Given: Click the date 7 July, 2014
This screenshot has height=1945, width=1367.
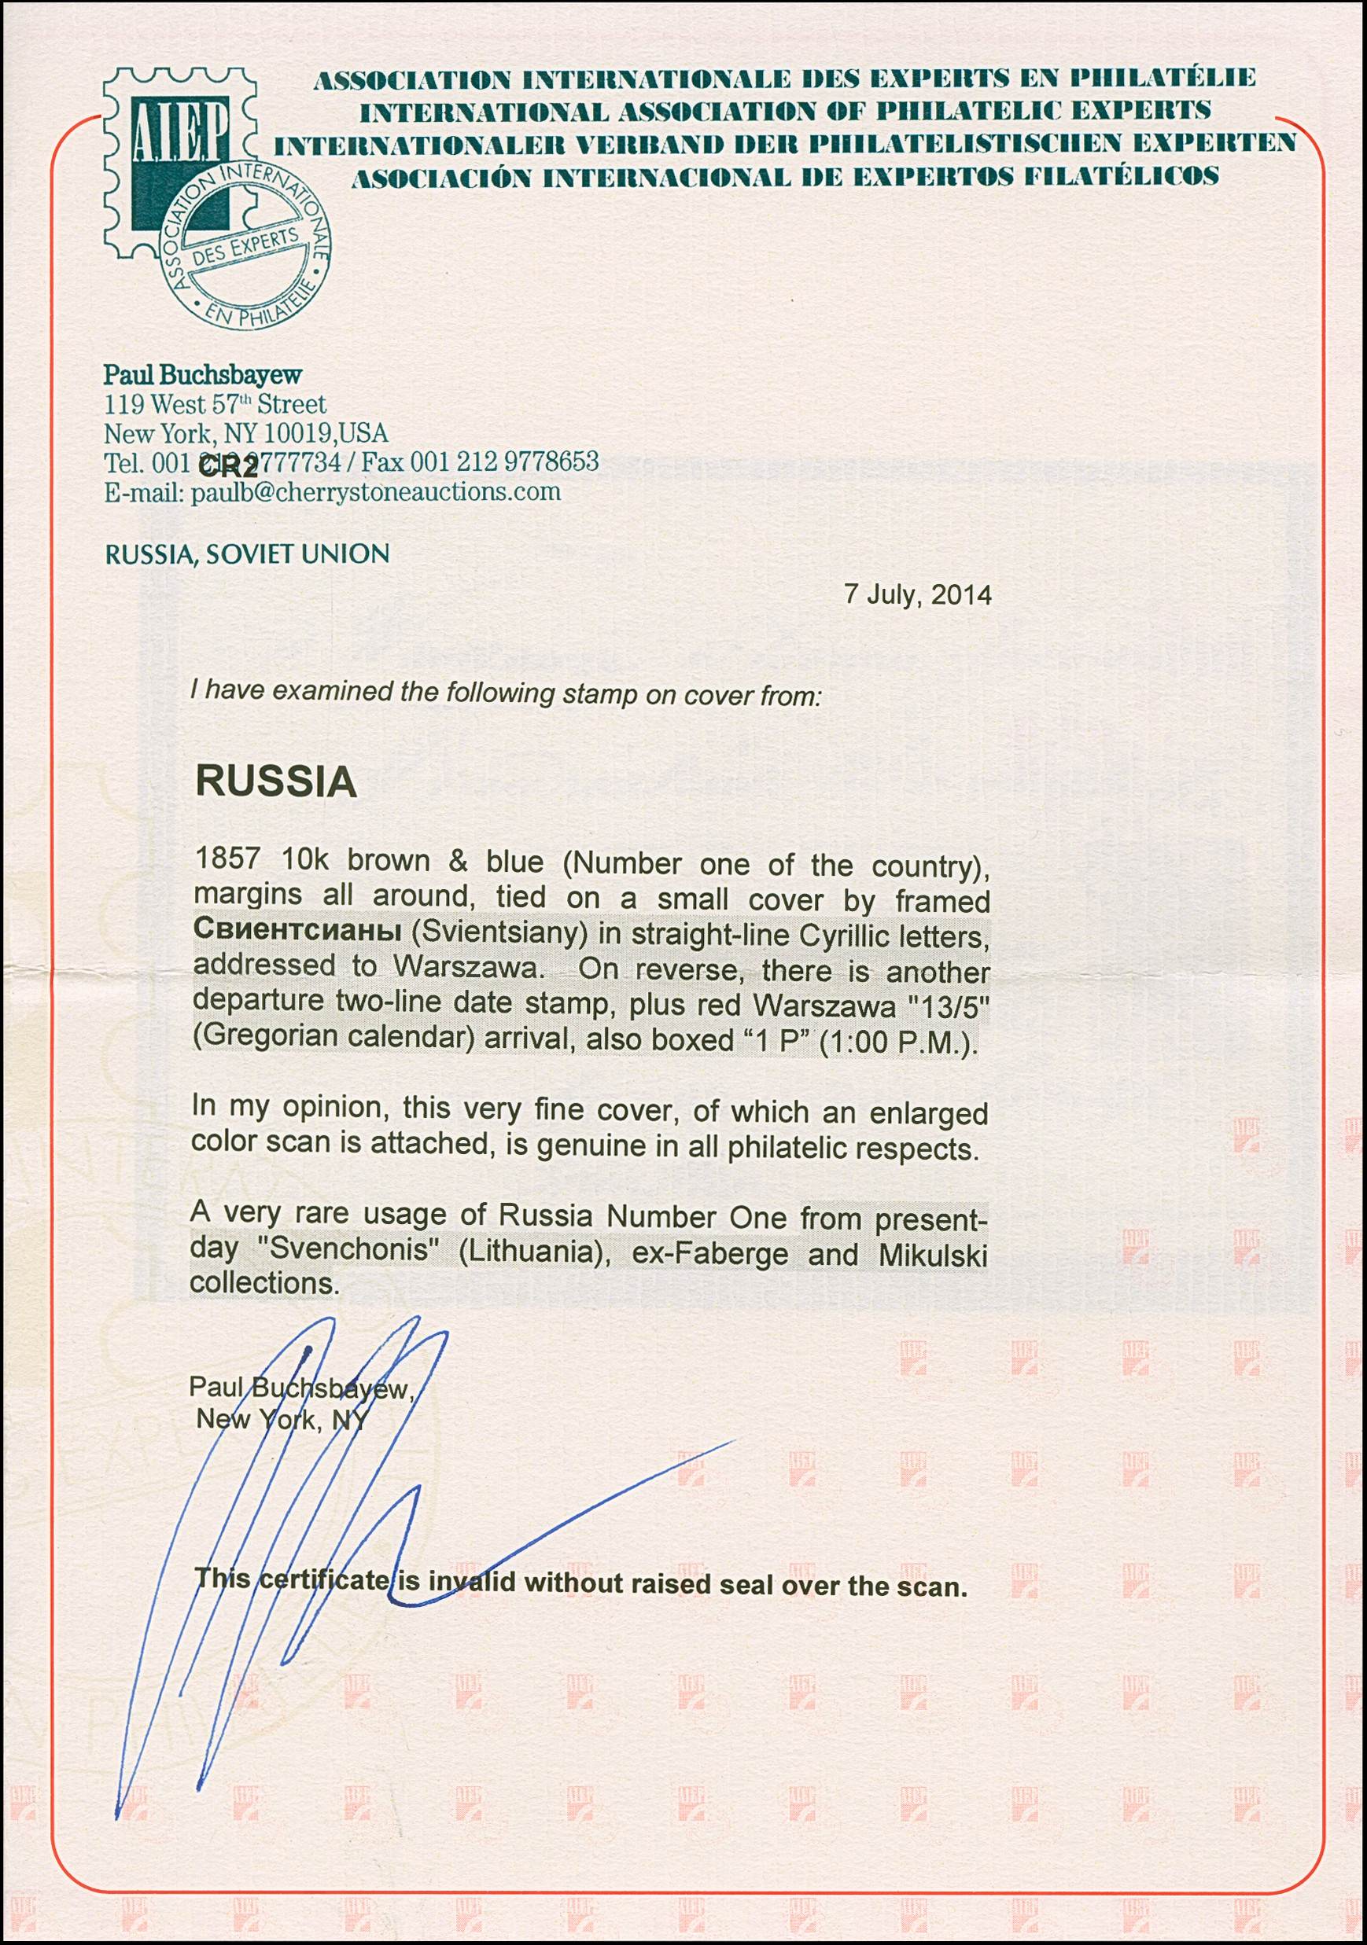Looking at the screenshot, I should (917, 594).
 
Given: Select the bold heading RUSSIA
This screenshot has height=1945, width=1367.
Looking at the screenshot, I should (275, 780).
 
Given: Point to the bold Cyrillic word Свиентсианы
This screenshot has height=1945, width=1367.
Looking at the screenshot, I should (297, 928).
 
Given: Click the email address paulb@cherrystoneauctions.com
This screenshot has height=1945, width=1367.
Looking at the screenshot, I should (375, 492).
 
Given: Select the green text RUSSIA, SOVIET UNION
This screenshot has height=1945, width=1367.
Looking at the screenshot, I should (247, 554).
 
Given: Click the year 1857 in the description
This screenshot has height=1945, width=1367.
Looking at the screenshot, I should (227, 859).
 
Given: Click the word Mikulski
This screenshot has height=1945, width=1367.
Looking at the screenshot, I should (932, 1256).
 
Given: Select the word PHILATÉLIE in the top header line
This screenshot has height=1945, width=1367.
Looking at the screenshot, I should (1162, 78).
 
